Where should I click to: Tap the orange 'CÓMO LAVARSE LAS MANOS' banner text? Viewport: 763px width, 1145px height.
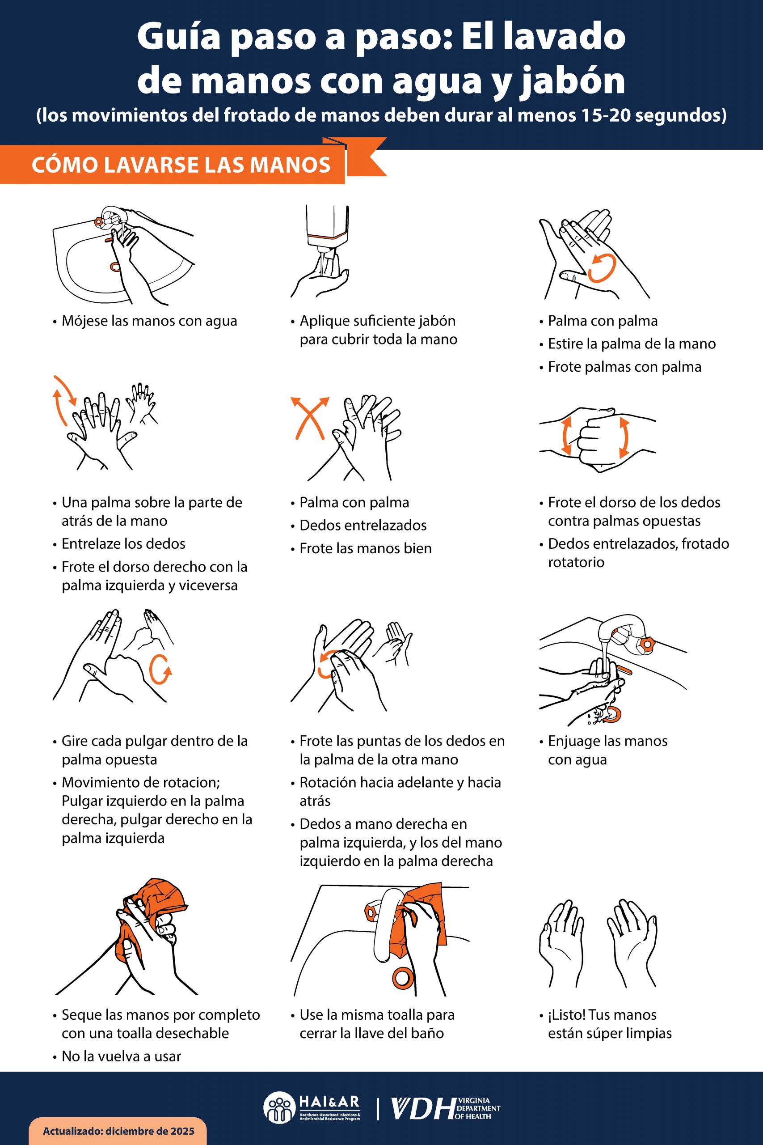[x=181, y=165]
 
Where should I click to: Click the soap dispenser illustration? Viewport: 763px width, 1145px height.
[x=327, y=226]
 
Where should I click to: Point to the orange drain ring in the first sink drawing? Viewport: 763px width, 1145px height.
[x=115, y=266]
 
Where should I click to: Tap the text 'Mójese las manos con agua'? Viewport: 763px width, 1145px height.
[x=149, y=321]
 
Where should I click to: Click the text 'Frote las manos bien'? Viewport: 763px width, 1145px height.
[x=366, y=549]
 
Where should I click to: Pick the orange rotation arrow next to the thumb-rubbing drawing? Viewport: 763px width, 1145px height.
[x=160, y=670]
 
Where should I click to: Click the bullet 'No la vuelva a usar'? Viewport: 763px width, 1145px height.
[x=121, y=1057]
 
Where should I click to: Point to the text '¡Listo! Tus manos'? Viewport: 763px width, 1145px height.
[x=602, y=1015]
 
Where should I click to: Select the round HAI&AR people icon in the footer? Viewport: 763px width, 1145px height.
[x=279, y=1108]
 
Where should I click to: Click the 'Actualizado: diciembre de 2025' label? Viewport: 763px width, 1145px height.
[x=118, y=1130]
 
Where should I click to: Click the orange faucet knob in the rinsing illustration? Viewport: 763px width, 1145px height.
[x=647, y=644]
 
